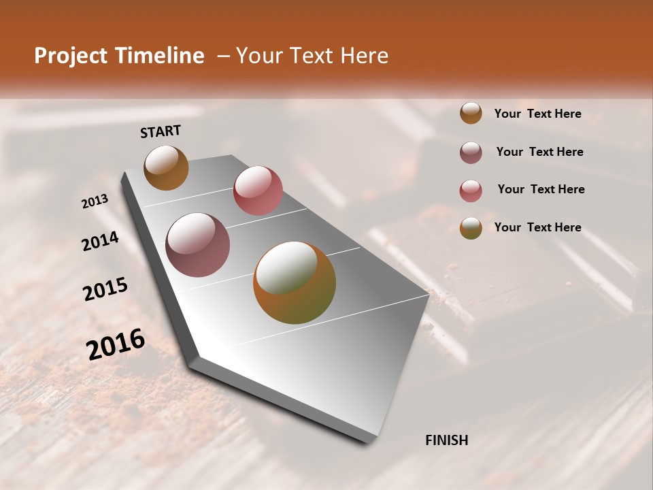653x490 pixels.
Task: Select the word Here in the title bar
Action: [363, 56]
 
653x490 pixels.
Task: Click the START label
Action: [161, 131]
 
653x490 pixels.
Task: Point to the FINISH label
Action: [446, 440]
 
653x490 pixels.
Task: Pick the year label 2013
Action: [95, 201]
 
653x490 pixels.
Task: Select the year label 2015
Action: [105, 289]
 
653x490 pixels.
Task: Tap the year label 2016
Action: [116, 344]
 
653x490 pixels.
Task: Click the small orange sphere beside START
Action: [166, 167]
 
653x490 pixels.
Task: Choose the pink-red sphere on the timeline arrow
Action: [258, 190]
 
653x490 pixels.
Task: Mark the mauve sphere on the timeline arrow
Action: [198, 245]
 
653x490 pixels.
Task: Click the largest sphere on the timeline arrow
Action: [295, 282]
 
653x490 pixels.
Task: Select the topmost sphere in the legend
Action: [471, 114]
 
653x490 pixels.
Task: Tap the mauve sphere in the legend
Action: [471, 152]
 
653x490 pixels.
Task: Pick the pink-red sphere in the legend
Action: [471, 191]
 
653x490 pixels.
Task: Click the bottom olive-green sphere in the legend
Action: [471, 228]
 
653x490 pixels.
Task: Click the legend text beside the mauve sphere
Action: [539, 152]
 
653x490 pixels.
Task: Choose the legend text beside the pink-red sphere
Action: [541, 189]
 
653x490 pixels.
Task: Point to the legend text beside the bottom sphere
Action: [537, 227]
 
